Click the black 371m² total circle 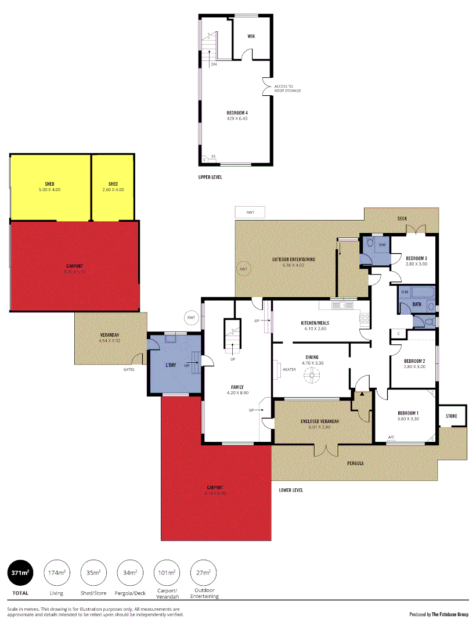(x=20, y=573)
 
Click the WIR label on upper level (x=251, y=37)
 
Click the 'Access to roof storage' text (x=287, y=88)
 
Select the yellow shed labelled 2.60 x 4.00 (x=113, y=186)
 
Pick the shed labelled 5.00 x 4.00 (x=49, y=186)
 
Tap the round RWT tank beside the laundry (x=191, y=318)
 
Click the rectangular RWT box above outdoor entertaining (x=250, y=212)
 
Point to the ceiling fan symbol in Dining (x=313, y=376)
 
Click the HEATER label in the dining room (x=289, y=370)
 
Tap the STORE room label (x=451, y=416)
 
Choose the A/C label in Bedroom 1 (x=391, y=437)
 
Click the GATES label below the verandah (x=129, y=369)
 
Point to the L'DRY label (x=171, y=365)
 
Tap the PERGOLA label (x=355, y=463)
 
